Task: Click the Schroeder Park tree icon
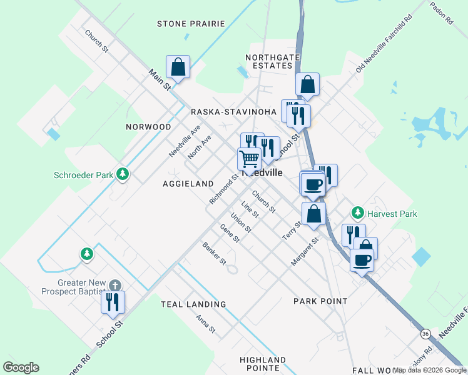[123, 174]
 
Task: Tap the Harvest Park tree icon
[358, 213]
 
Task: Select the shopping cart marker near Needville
[248, 159]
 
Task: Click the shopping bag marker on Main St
[178, 67]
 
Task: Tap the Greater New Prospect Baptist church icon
[114, 285]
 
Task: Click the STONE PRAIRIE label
[191, 24]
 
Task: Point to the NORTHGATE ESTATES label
[269, 61]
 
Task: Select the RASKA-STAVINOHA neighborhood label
[233, 112]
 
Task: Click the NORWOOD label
[148, 127]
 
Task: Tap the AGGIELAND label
[188, 184]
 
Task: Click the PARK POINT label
[320, 301]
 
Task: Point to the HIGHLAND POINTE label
[263, 364]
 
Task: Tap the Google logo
[21, 367]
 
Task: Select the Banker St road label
[213, 252]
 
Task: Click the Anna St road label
[205, 324]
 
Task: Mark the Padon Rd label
[441, 12]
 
